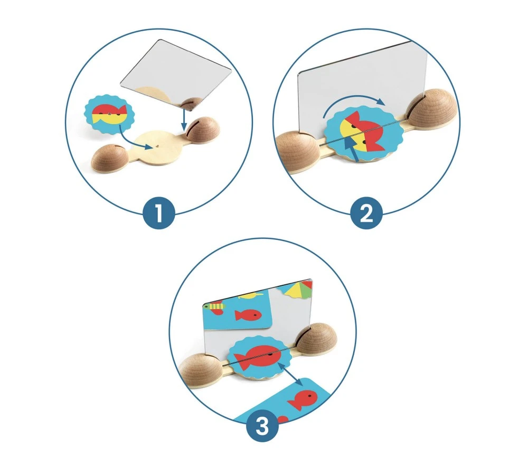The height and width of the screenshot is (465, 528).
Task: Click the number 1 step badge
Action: click(x=159, y=213)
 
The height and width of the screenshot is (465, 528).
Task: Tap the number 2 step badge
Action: click(x=367, y=213)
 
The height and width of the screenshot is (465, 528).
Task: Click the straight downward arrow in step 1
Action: click(x=184, y=119)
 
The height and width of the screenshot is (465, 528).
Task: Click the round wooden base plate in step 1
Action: click(x=157, y=148)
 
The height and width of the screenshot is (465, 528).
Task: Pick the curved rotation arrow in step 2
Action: click(x=354, y=103)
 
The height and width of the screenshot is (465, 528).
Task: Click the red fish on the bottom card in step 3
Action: click(x=302, y=399)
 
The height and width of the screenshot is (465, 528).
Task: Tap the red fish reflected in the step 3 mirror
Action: click(x=248, y=315)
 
